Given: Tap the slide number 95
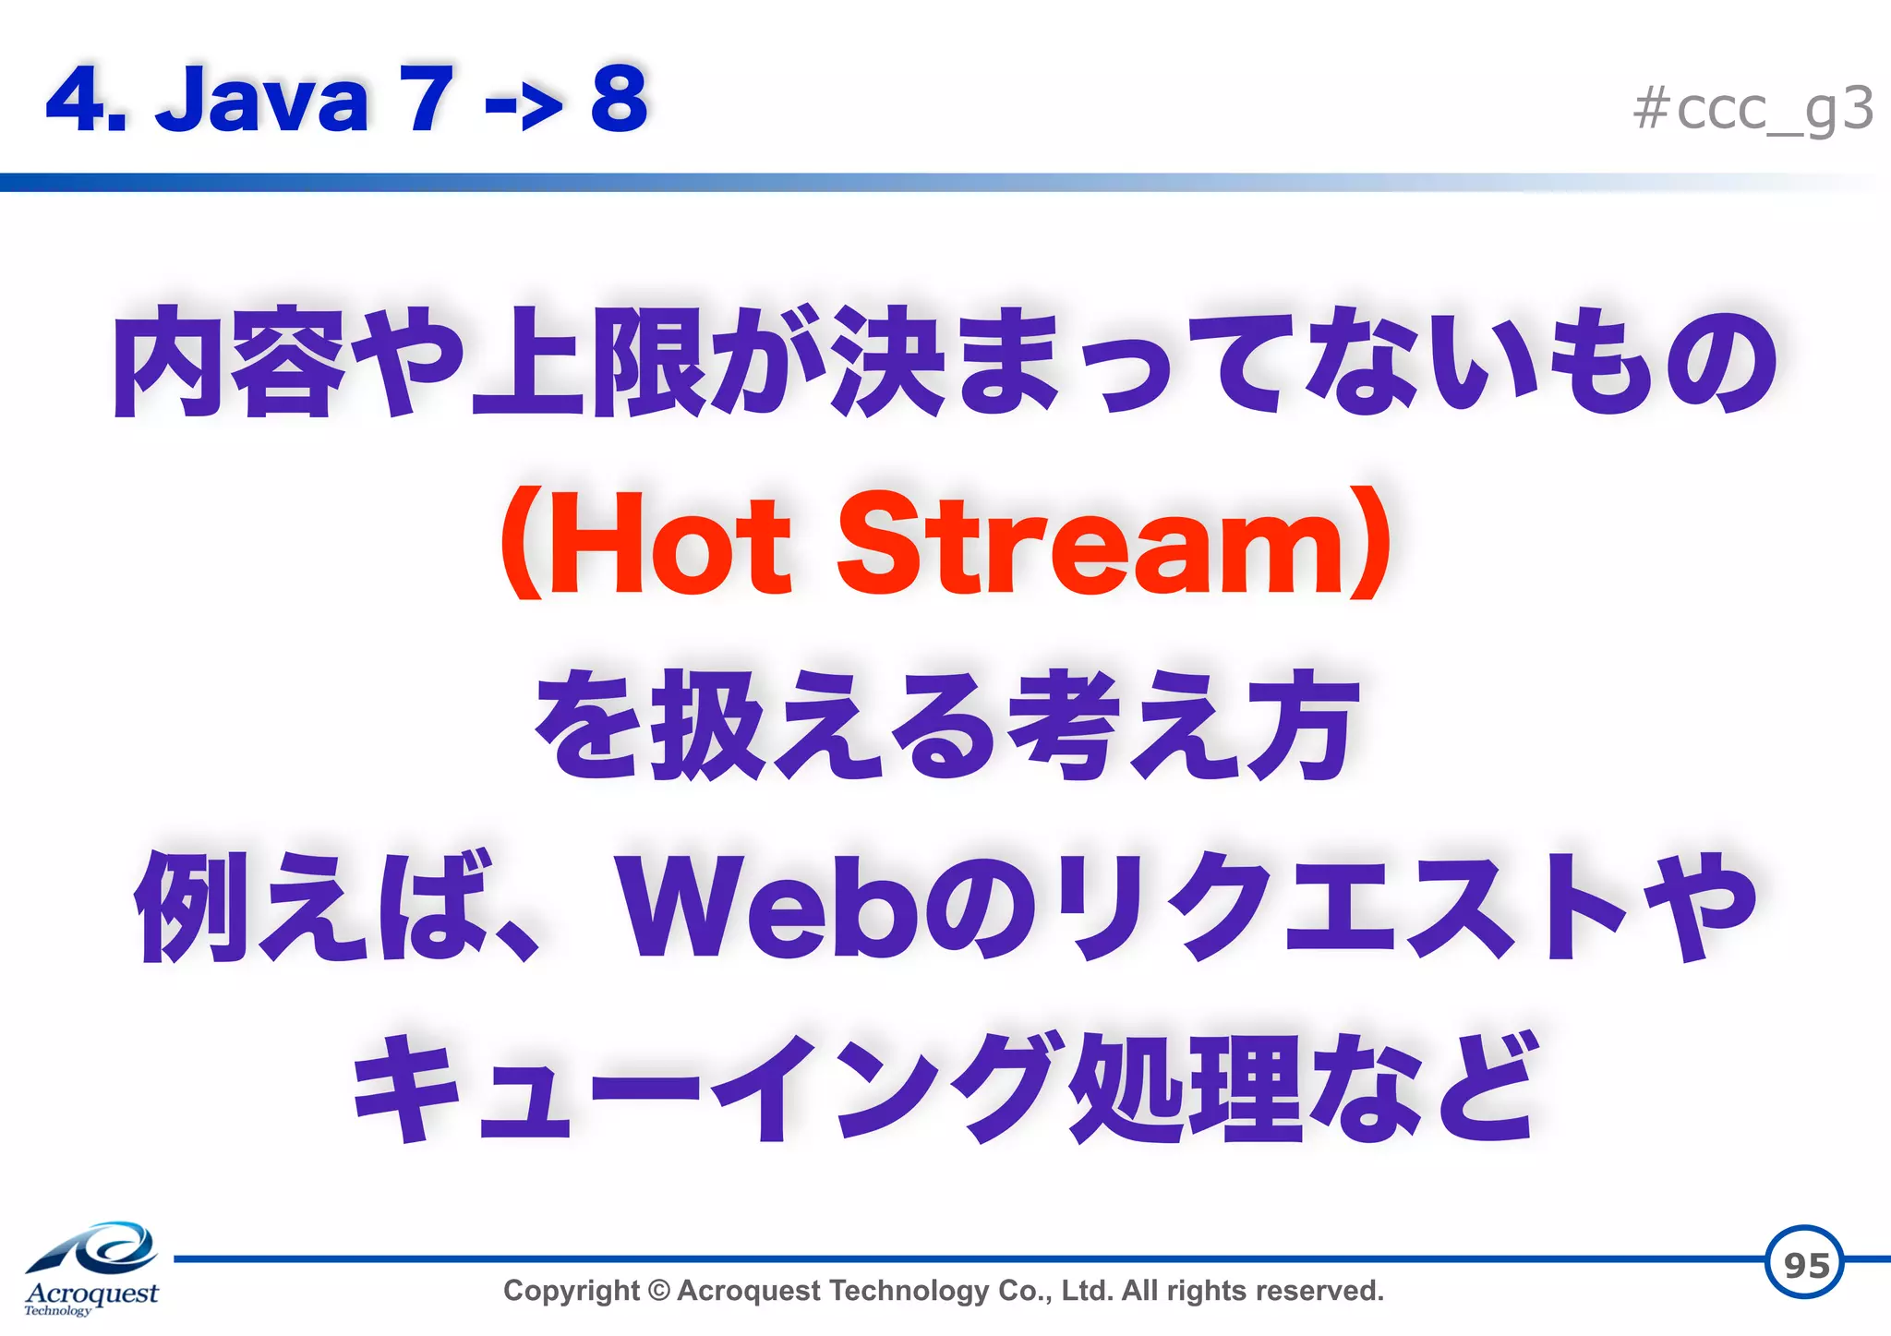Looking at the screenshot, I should (1805, 1264).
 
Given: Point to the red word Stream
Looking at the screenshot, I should (1090, 545).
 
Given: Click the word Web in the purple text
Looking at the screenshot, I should (766, 909).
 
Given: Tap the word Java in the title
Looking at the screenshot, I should (262, 100).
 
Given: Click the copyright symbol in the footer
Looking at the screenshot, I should (658, 1290).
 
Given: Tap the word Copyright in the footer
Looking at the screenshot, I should (571, 1290).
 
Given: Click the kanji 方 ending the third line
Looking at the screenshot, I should (1302, 726).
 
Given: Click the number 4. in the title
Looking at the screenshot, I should (86, 100).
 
